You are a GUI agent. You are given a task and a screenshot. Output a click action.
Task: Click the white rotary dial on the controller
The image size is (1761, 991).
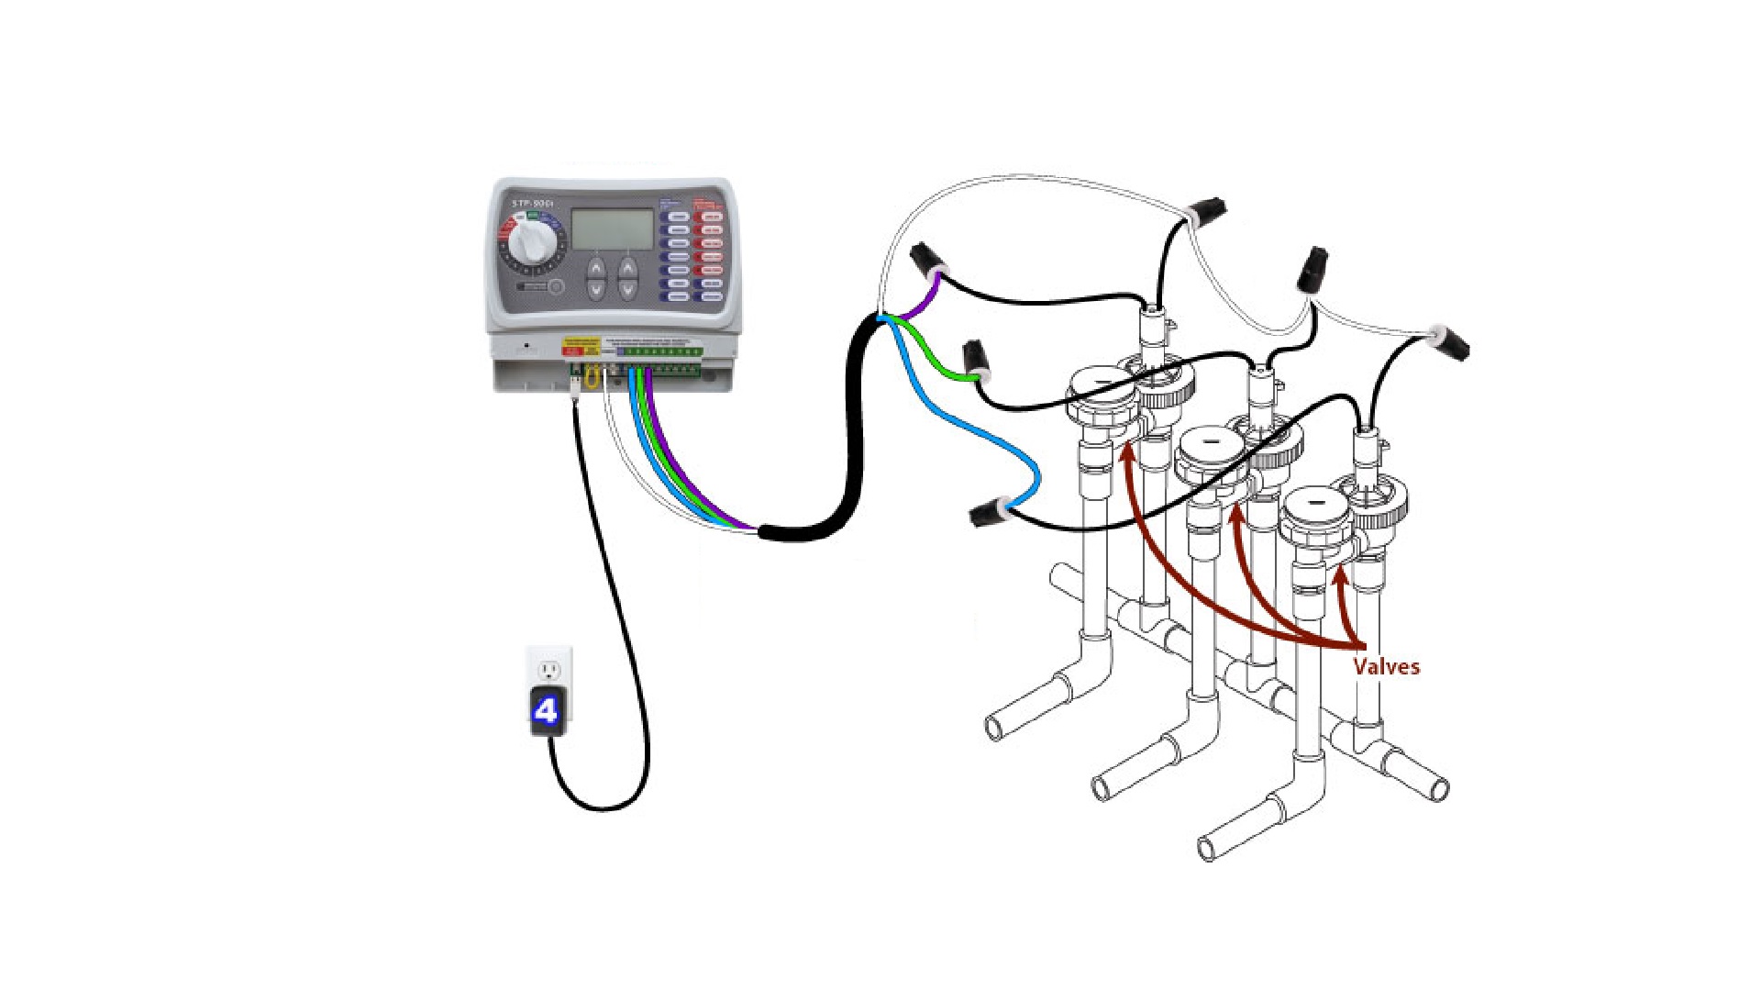click(529, 240)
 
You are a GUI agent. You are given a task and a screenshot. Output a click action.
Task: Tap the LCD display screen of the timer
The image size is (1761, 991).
click(612, 229)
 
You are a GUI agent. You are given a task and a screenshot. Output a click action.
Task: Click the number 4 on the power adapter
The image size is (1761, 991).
click(547, 710)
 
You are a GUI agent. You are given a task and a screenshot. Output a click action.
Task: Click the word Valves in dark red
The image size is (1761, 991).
click(1386, 666)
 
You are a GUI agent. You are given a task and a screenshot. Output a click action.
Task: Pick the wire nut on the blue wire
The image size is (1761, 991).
click(989, 512)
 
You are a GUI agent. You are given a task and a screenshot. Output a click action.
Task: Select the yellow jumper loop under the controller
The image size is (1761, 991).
click(592, 376)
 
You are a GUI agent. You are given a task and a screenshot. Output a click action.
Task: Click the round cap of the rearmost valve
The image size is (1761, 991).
click(1102, 383)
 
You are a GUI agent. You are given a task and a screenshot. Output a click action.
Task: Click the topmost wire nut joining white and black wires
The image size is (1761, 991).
click(1207, 209)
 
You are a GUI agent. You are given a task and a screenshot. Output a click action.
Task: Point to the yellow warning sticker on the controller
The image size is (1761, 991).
click(579, 348)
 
